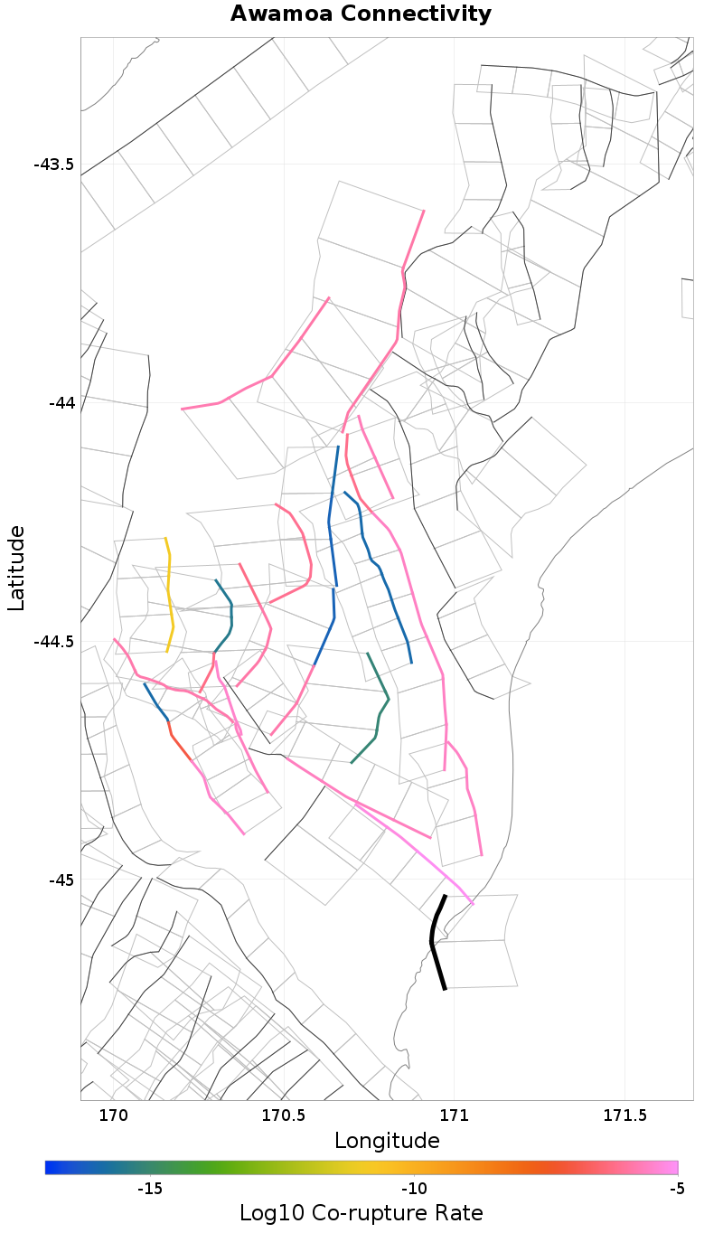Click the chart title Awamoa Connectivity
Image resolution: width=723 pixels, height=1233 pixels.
click(x=361, y=14)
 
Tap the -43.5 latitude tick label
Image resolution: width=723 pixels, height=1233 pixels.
click(x=53, y=165)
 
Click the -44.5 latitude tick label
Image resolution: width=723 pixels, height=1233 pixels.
click(x=53, y=642)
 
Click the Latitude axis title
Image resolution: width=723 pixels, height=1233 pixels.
click(x=17, y=569)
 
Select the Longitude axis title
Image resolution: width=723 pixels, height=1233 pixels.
click(x=387, y=1141)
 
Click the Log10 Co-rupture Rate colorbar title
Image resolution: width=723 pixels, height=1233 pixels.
click(x=361, y=1213)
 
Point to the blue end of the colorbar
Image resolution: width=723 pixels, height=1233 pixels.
click(x=51, y=1167)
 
